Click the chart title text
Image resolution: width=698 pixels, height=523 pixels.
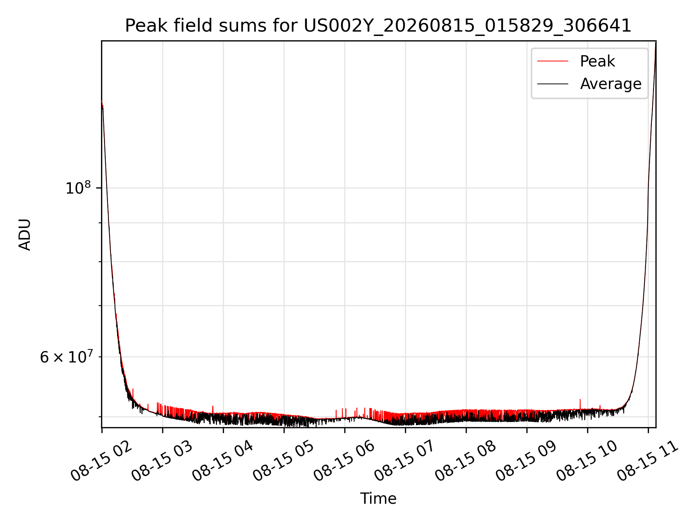pos(378,26)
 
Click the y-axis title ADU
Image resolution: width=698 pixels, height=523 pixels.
pos(25,235)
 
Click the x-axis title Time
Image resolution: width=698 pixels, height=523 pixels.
pos(378,499)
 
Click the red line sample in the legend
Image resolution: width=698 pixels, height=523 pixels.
pos(553,61)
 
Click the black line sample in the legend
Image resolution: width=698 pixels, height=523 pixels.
pos(553,84)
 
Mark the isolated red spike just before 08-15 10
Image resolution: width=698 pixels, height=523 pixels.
pos(580,404)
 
